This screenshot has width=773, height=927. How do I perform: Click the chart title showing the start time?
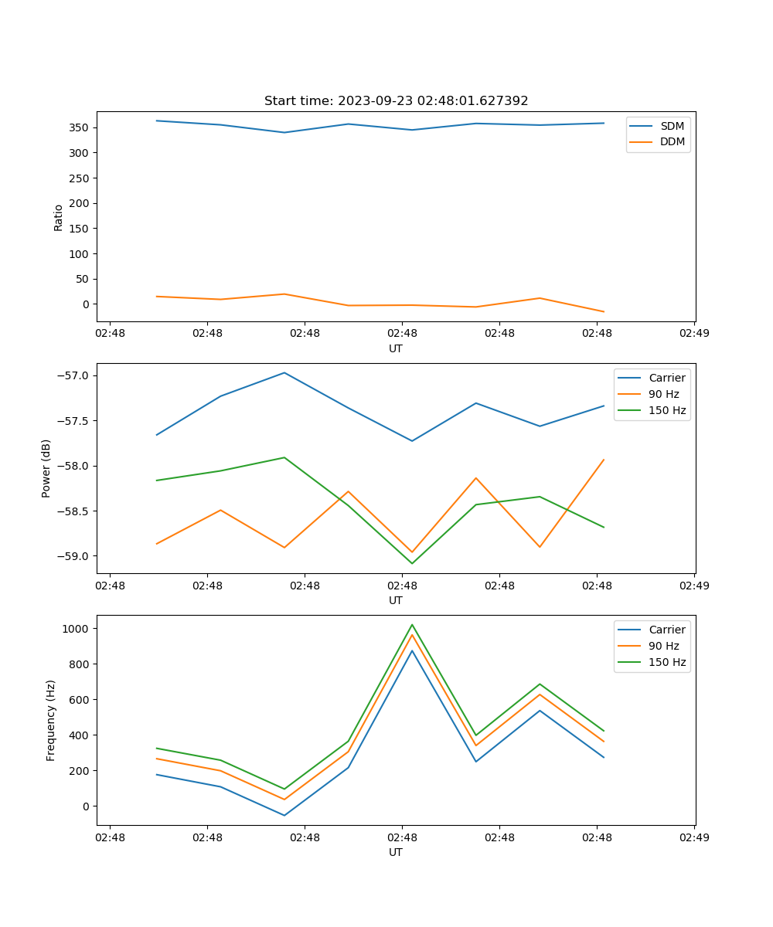pos(396,101)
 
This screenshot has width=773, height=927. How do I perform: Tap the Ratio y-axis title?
pos(59,218)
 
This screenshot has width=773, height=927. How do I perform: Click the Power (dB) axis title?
pos(46,468)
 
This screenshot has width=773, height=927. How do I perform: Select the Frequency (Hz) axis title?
pos(51,720)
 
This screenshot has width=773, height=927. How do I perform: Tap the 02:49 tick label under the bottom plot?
pos(693,837)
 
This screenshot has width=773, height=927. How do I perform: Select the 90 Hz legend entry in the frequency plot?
pos(663,646)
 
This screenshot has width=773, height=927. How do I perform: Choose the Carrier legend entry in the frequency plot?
pos(666,630)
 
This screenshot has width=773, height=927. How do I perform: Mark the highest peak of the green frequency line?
pos(412,624)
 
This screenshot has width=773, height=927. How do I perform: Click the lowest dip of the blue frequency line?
pos(284,815)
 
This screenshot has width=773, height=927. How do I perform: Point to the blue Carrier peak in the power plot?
pos(284,372)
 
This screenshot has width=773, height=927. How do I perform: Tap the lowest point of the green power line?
pos(412,563)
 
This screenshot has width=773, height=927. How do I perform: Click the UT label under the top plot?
pos(396,348)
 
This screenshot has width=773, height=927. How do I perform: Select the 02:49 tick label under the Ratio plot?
pos(693,333)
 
